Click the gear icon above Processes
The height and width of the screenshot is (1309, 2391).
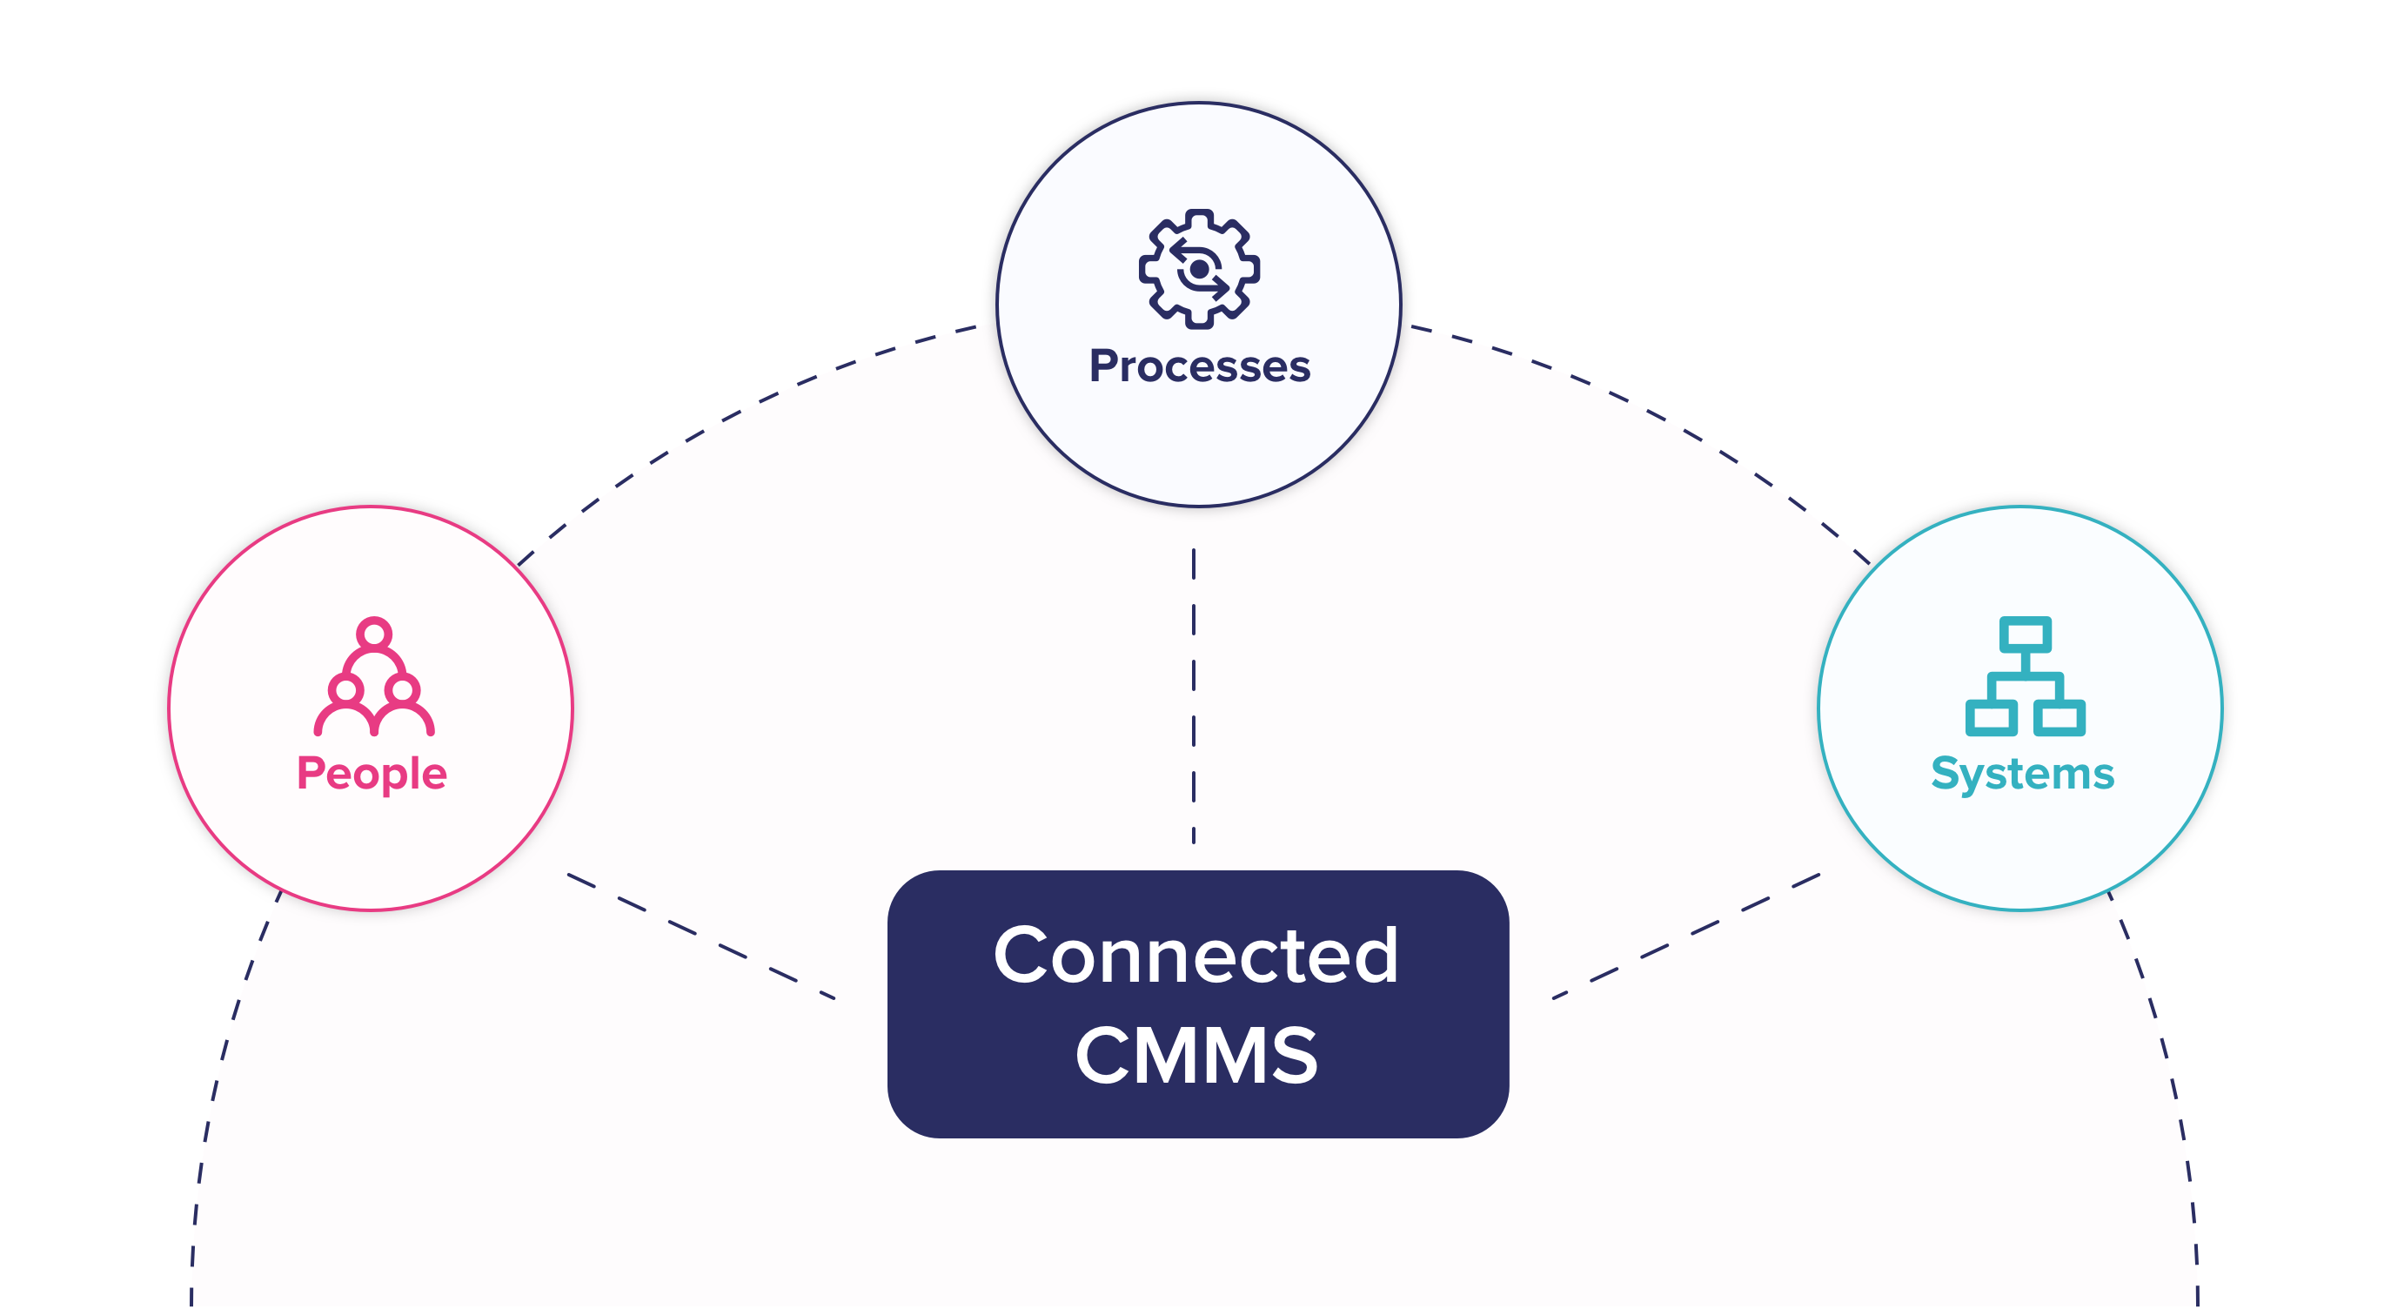coord(1199,269)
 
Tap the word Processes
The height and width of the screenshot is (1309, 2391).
coord(1199,366)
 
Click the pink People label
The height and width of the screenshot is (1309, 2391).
coord(372,774)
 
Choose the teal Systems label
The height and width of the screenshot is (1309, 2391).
coord(2022,774)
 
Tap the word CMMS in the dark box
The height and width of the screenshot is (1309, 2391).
coord(1195,1056)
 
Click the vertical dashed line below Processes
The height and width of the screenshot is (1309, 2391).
coord(1194,696)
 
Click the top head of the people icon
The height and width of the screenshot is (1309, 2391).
coord(374,634)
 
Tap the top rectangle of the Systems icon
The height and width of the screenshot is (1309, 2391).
coord(2026,636)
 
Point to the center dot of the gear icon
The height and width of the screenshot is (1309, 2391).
coord(1199,269)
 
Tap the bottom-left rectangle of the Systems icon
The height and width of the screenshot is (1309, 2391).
coord(1990,718)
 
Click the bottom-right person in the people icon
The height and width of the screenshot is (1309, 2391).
coord(404,706)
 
